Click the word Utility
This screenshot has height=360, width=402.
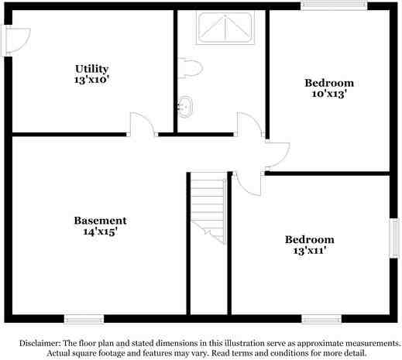91,69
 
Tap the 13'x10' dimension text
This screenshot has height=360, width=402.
91,79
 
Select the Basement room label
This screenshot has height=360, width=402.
100,220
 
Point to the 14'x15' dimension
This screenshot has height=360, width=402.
100,231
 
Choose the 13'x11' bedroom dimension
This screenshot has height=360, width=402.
309,250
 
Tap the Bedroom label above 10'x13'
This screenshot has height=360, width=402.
328,83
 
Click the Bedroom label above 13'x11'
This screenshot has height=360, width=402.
309,239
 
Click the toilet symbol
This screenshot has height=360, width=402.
191,69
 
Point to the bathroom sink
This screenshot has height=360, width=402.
185,105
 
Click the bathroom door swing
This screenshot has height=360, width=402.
248,125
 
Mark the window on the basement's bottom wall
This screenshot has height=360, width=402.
84,318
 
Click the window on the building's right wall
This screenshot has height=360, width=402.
393,237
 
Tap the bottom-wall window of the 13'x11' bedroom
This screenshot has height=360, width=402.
321,318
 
